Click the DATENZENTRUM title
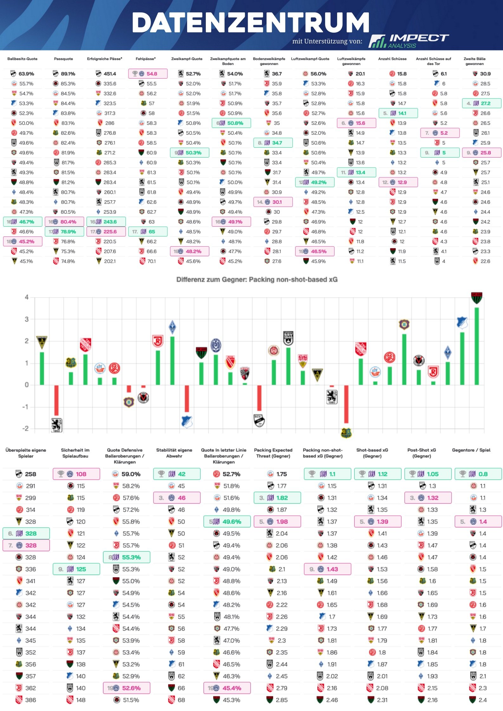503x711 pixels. coord(251,23)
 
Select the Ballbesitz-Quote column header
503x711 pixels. coord(22,59)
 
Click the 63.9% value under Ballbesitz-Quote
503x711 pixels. coord(26,74)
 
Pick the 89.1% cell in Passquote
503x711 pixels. coord(68,74)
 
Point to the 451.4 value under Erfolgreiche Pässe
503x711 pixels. coord(110,74)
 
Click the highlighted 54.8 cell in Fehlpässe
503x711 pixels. coord(148,74)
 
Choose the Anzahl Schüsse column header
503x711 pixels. coord(392,59)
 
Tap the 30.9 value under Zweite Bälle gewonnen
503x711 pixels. coord(485,74)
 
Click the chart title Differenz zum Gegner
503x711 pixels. coord(257,280)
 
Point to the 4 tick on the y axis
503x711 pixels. coord(27,297)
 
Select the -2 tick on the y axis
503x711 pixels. coord(25,429)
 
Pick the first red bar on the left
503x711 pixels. coord(56,400)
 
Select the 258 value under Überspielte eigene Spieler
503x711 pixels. coord(30,474)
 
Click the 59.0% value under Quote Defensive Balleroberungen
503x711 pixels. coord(131,474)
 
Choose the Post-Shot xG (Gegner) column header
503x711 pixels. coord(421,453)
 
